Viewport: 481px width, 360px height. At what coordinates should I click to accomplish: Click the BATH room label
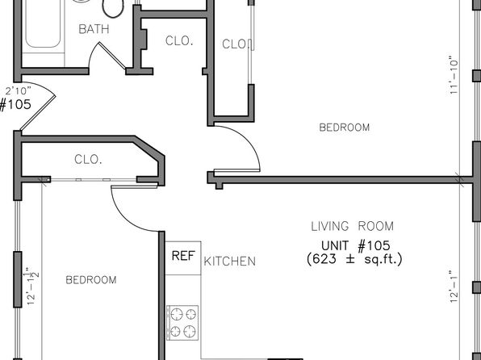coord(94,29)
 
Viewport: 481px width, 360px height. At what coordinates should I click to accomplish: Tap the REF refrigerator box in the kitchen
coord(183,257)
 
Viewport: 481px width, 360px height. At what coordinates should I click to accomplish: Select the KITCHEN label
coord(230,262)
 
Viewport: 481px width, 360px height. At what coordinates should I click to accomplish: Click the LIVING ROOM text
coord(353,227)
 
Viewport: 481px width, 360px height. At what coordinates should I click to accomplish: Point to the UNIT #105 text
coord(356,245)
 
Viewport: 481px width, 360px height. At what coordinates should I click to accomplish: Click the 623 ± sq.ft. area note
coord(354,259)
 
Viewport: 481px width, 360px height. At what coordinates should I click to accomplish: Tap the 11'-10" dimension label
coord(454,75)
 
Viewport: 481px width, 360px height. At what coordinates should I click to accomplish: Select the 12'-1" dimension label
coord(454,287)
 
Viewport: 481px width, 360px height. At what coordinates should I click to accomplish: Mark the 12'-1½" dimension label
coord(33,286)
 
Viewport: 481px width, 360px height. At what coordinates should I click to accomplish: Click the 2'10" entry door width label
coord(19,91)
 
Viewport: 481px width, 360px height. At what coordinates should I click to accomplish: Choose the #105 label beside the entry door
coord(15,105)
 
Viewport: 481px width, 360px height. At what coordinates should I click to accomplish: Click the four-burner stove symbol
coord(182,323)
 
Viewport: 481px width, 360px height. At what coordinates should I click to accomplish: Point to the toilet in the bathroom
coord(113,8)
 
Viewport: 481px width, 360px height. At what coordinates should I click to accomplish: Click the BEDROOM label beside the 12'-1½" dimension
coord(91,280)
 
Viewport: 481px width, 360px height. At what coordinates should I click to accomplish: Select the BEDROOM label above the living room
coord(345,128)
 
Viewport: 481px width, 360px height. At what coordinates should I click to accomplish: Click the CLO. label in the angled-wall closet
coord(88,160)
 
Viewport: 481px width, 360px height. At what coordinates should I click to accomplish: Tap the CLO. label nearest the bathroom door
coord(179,41)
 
